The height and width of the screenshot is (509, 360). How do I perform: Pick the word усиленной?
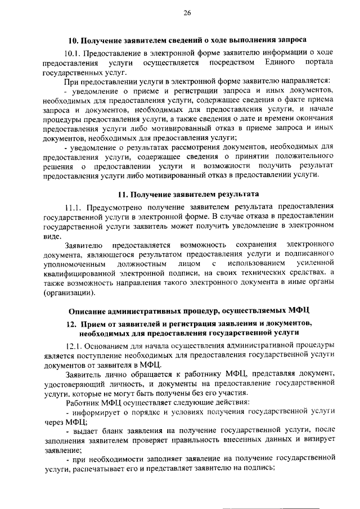pyautogui.click(x=314, y=263)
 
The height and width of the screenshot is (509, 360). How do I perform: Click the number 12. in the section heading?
pyautogui.click(x=71, y=323)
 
